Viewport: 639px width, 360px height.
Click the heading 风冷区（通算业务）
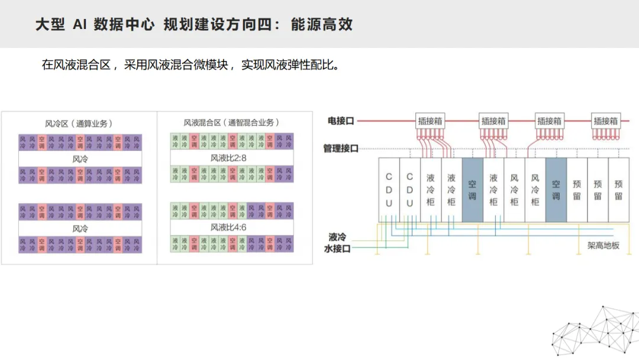79,123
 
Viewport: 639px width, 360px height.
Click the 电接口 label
341,121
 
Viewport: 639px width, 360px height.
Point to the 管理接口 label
341,148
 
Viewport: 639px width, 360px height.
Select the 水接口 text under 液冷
338,249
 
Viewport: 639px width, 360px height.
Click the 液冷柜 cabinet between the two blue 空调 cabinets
493,189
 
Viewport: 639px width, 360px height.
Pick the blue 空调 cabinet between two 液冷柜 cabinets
472,189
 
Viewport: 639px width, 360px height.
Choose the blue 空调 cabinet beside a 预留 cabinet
556,189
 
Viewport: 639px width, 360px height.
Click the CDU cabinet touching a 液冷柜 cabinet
409,189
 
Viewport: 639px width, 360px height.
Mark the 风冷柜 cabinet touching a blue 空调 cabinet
535,189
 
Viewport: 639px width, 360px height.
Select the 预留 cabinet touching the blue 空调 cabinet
577,189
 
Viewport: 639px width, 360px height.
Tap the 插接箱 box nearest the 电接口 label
430,121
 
